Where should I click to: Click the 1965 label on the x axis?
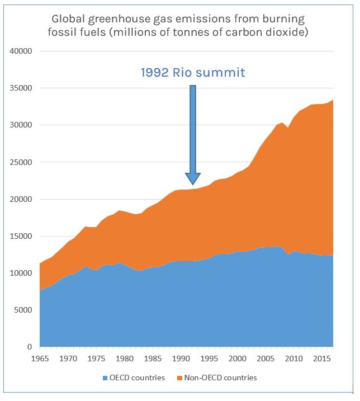(40, 357)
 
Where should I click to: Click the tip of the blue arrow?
(193, 184)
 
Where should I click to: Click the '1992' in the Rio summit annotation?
(155, 72)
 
